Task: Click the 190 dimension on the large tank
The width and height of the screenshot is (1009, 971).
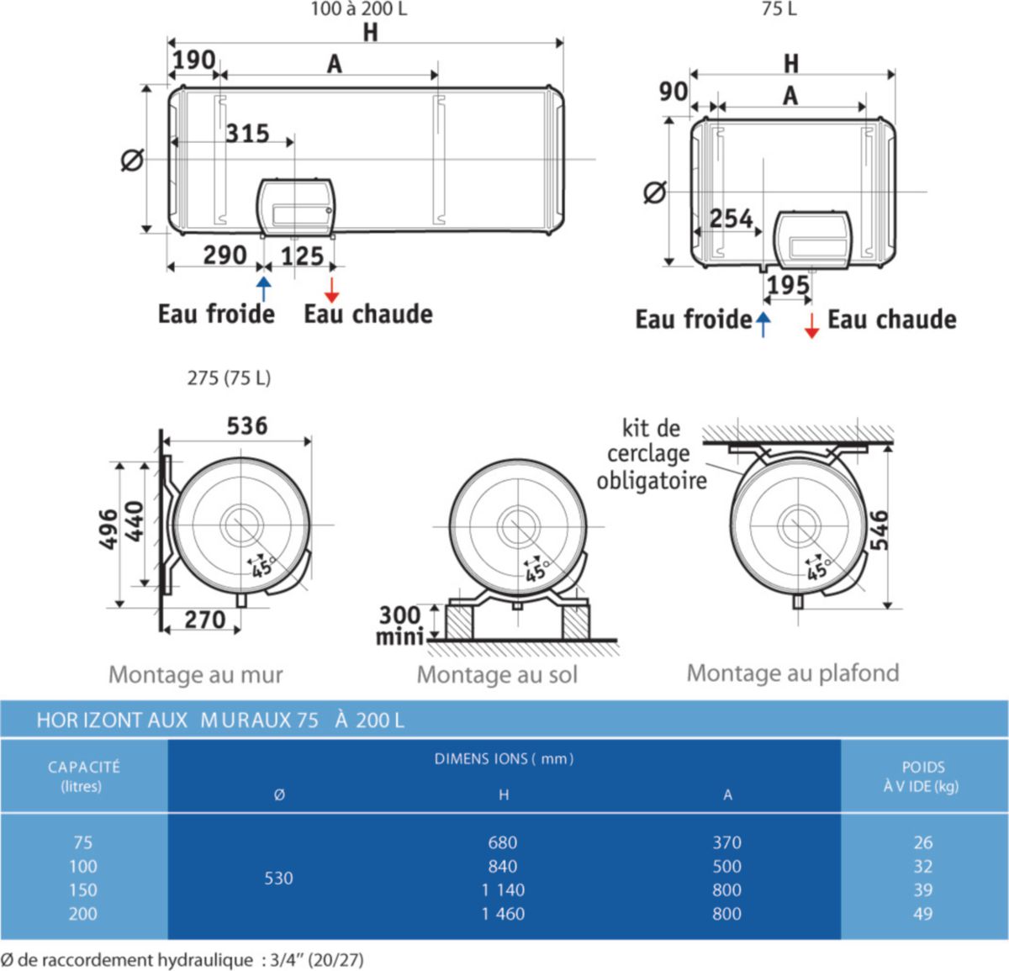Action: point(194,61)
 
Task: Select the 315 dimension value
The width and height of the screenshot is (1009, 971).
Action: point(248,134)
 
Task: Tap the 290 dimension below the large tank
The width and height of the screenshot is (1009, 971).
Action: point(225,256)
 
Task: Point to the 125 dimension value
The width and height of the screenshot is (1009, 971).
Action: point(303,256)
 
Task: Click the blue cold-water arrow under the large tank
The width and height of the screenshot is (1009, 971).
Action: point(264,288)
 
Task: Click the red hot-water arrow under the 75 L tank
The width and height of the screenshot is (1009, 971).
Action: point(811,326)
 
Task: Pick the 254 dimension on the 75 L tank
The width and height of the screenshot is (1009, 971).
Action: point(731,219)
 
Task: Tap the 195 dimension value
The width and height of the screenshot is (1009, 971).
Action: point(788,286)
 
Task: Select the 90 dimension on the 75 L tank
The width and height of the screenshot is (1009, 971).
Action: point(674,92)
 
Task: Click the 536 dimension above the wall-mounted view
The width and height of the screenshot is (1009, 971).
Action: point(247,426)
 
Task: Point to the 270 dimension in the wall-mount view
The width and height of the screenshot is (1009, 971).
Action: point(205,620)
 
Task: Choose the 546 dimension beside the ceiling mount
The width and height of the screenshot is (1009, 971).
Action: point(880,530)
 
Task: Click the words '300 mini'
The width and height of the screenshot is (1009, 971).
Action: point(399,626)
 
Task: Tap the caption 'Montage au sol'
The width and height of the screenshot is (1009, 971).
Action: point(497,675)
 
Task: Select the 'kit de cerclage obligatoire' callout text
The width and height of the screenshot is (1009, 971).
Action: point(652,455)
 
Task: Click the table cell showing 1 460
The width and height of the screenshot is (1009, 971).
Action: point(503,914)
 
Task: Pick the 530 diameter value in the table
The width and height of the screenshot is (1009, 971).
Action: point(279,879)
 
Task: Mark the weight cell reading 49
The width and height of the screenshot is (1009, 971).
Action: point(923,914)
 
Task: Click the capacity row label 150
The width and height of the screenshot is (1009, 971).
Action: point(83,889)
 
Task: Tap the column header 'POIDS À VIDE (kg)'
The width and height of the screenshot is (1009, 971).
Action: point(922,777)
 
